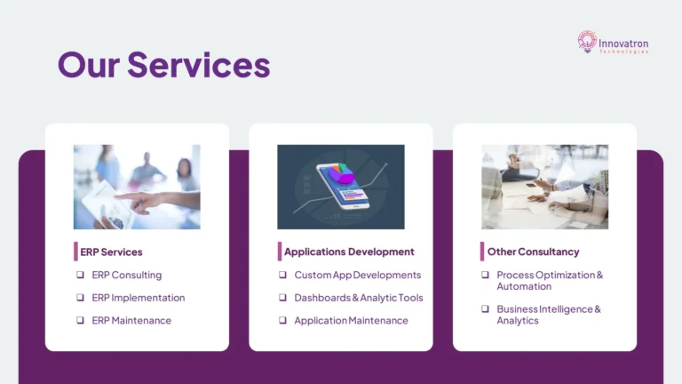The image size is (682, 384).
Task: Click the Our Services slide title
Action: coord(163,65)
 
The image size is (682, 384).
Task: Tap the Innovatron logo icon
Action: coord(587,41)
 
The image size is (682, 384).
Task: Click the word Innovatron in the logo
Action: coord(624,39)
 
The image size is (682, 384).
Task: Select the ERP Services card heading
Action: coord(111,252)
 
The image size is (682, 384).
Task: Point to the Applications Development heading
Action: coord(349,252)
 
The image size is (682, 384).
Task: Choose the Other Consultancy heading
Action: coord(533,252)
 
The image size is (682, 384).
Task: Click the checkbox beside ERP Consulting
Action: coord(80,275)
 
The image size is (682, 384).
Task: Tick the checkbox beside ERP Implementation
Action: coord(80,298)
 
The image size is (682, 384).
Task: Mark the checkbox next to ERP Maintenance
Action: coord(80,320)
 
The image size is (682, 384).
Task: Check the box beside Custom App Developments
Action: coord(282,275)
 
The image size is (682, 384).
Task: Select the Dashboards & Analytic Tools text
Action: coord(359,298)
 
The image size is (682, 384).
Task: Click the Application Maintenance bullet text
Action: coord(351,320)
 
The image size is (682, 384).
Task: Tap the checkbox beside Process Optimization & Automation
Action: coord(485,275)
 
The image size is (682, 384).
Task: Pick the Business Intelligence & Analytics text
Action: coord(549,315)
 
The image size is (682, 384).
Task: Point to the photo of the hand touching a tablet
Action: coord(137,187)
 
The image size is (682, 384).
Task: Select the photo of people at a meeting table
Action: coord(544,187)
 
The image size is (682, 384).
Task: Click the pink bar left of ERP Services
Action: coord(75,252)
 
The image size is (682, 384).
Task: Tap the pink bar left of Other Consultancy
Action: coord(482,252)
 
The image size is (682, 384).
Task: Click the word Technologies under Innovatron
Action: coord(624,51)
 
